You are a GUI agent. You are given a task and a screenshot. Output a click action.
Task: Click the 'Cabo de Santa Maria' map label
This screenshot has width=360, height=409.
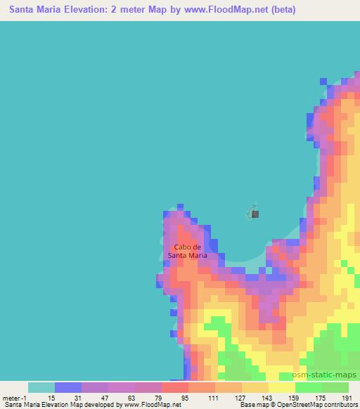point(188,251)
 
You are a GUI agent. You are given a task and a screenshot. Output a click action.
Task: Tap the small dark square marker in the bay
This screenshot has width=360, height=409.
point(255,214)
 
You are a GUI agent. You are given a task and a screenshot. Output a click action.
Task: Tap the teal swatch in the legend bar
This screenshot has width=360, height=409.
point(41,387)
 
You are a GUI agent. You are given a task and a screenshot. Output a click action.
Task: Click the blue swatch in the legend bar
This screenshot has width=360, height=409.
point(68,387)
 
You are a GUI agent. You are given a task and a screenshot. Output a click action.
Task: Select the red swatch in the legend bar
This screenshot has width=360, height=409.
point(175,387)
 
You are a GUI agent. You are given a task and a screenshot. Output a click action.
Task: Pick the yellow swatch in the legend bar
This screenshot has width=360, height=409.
point(282,387)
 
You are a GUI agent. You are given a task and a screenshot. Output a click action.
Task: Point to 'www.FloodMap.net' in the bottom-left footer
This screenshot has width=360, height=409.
point(148,404)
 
